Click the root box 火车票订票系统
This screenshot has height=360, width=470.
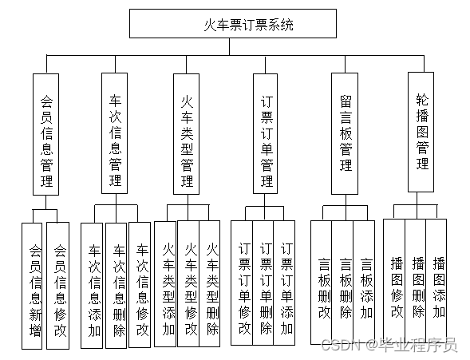(x=230, y=24)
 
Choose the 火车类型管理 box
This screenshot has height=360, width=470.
(x=187, y=133)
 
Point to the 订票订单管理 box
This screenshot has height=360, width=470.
(x=265, y=133)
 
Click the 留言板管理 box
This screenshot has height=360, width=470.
(x=346, y=133)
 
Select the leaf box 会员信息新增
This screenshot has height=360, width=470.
(x=34, y=285)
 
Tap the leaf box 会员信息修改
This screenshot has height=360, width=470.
(x=59, y=285)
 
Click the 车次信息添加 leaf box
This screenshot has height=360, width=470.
(x=93, y=285)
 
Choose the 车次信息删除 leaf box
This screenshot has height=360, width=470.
(x=117, y=285)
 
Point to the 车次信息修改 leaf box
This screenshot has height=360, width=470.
(x=141, y=285)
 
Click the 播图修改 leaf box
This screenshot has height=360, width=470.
(x=396, y=279)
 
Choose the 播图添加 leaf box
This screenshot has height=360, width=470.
(x=438, y=279)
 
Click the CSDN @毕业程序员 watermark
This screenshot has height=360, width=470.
(x=389, y=345)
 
